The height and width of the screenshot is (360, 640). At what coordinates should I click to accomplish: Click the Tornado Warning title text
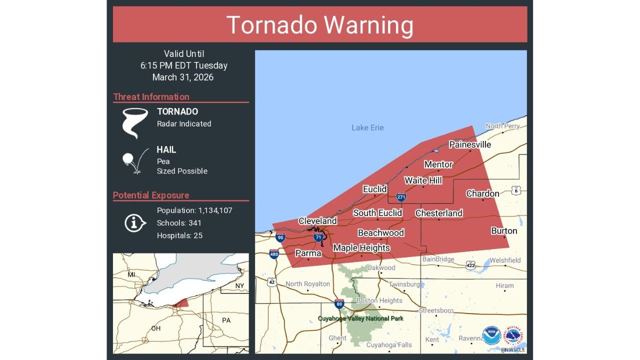320,25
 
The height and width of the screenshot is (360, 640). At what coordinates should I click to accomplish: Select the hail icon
134,160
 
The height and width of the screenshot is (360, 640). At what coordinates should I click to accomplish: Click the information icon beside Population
134,222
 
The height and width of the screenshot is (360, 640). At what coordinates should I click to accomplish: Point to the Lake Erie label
367,128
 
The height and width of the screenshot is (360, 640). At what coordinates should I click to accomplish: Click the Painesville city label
470,144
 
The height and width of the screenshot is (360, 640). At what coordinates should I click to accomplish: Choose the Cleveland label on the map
317,221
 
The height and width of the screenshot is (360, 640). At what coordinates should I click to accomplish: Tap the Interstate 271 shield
401,197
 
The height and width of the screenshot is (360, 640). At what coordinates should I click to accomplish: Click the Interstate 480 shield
274,254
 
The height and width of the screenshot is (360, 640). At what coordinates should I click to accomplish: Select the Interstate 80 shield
339,304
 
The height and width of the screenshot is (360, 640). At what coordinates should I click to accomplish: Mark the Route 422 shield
470,264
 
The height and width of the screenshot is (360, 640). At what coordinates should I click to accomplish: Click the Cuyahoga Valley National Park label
360,318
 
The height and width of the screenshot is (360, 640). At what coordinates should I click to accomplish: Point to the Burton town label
504,231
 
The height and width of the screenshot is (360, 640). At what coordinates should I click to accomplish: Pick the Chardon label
482,193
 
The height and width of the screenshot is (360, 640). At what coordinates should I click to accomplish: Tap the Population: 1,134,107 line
194,210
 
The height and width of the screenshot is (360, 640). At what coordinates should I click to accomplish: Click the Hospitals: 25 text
179,235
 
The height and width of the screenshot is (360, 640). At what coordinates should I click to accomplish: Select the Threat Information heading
151,97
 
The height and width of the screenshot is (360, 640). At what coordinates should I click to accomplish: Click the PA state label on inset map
226,320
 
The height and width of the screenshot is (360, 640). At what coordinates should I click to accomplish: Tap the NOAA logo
491,335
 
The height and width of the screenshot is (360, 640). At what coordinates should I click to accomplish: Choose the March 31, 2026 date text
183,77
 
